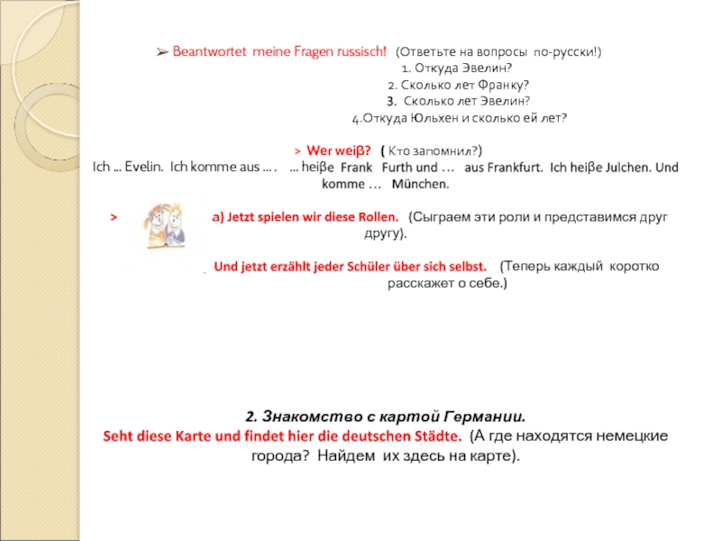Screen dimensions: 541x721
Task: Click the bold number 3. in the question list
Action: coord(391,101)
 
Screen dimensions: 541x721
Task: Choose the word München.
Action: coord(420,184)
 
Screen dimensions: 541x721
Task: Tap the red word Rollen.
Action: coord(375,217)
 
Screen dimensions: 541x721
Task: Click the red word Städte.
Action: coord(434,436)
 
